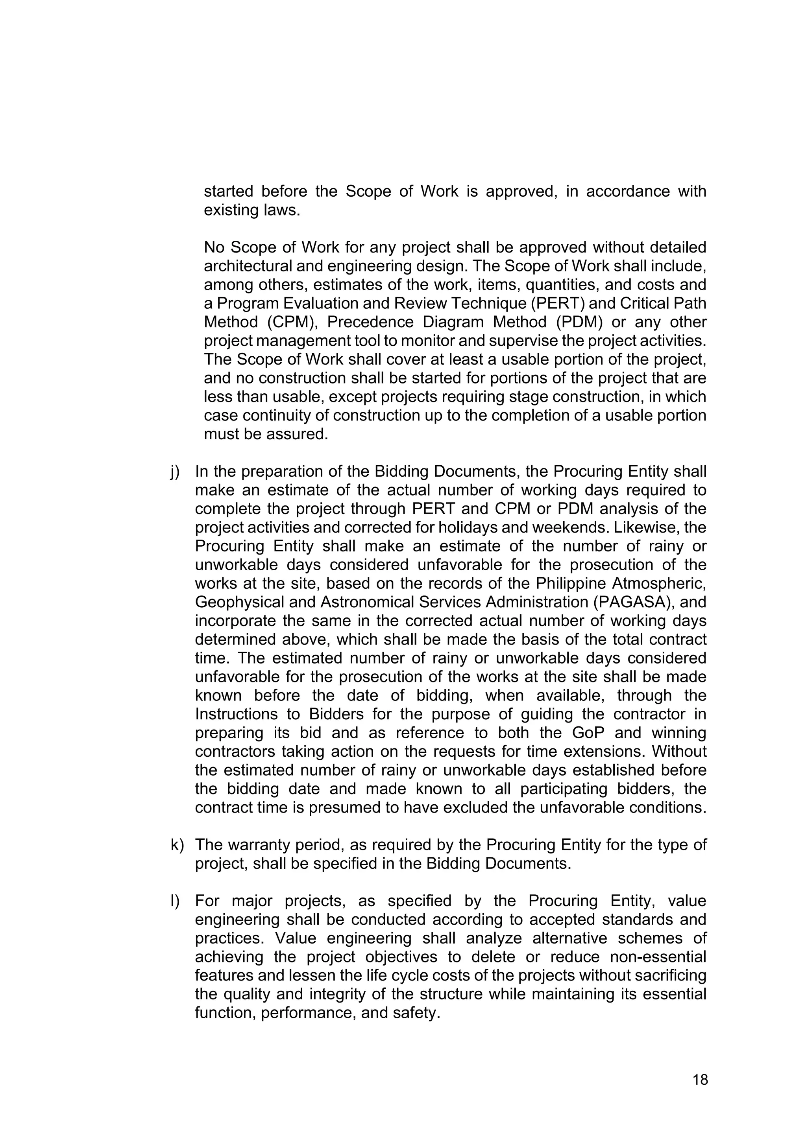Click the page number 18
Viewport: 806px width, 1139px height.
(x=700, y=1080)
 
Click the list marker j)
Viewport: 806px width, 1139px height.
(x=175, y=472)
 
